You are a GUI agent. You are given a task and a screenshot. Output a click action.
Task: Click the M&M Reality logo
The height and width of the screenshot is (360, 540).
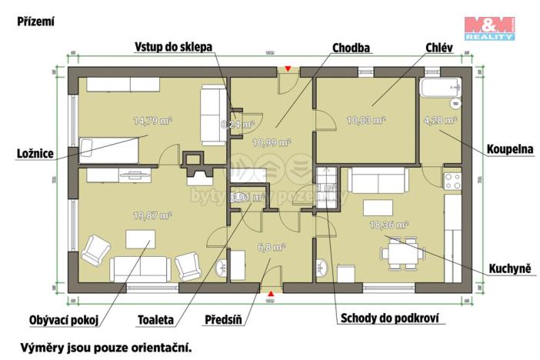(488, 28)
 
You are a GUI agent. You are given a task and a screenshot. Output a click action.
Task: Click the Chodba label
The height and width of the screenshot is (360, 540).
(352, 48)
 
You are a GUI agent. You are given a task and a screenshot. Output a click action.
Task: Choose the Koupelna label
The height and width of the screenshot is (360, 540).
(510, 148)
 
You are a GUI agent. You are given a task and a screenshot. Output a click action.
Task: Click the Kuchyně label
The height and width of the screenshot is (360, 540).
(512, 268)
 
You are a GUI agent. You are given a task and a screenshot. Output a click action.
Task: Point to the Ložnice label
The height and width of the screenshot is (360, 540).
(32, 154)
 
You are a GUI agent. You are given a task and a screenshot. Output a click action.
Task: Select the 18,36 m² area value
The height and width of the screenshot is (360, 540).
(389, 225)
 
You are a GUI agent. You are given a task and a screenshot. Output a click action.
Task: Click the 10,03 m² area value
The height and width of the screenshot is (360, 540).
(366, 120)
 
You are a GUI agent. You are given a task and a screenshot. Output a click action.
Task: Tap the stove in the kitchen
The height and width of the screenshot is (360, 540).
(452, 182)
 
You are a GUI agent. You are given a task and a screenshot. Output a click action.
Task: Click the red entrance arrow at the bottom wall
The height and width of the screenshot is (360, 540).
(270, 293)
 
